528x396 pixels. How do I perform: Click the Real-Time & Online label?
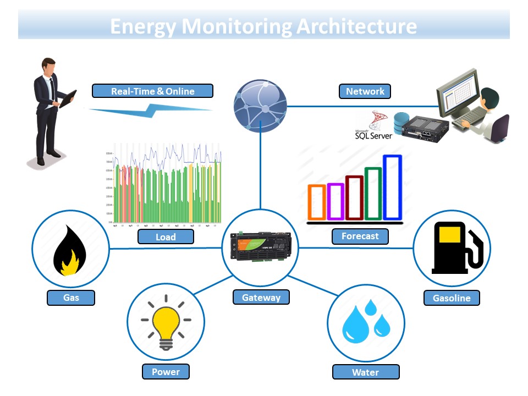coord(152,91)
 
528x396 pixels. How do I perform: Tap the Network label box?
coord(365,91)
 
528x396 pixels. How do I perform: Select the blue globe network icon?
coord(260,105)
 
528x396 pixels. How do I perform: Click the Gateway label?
coord(261,298)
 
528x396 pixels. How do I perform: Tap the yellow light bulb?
coord(166,324)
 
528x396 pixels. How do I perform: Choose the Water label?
coord(365,372)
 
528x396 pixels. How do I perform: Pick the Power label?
coord(166,372)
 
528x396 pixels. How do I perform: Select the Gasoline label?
coord(452,298)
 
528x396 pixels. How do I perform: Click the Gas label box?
coord(71,298)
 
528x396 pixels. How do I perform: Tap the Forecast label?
coord(360,237)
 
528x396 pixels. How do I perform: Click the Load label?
coord(166,237)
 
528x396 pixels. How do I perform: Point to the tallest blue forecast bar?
coord(393,188)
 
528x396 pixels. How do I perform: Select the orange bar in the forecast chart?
coord(317,202)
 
